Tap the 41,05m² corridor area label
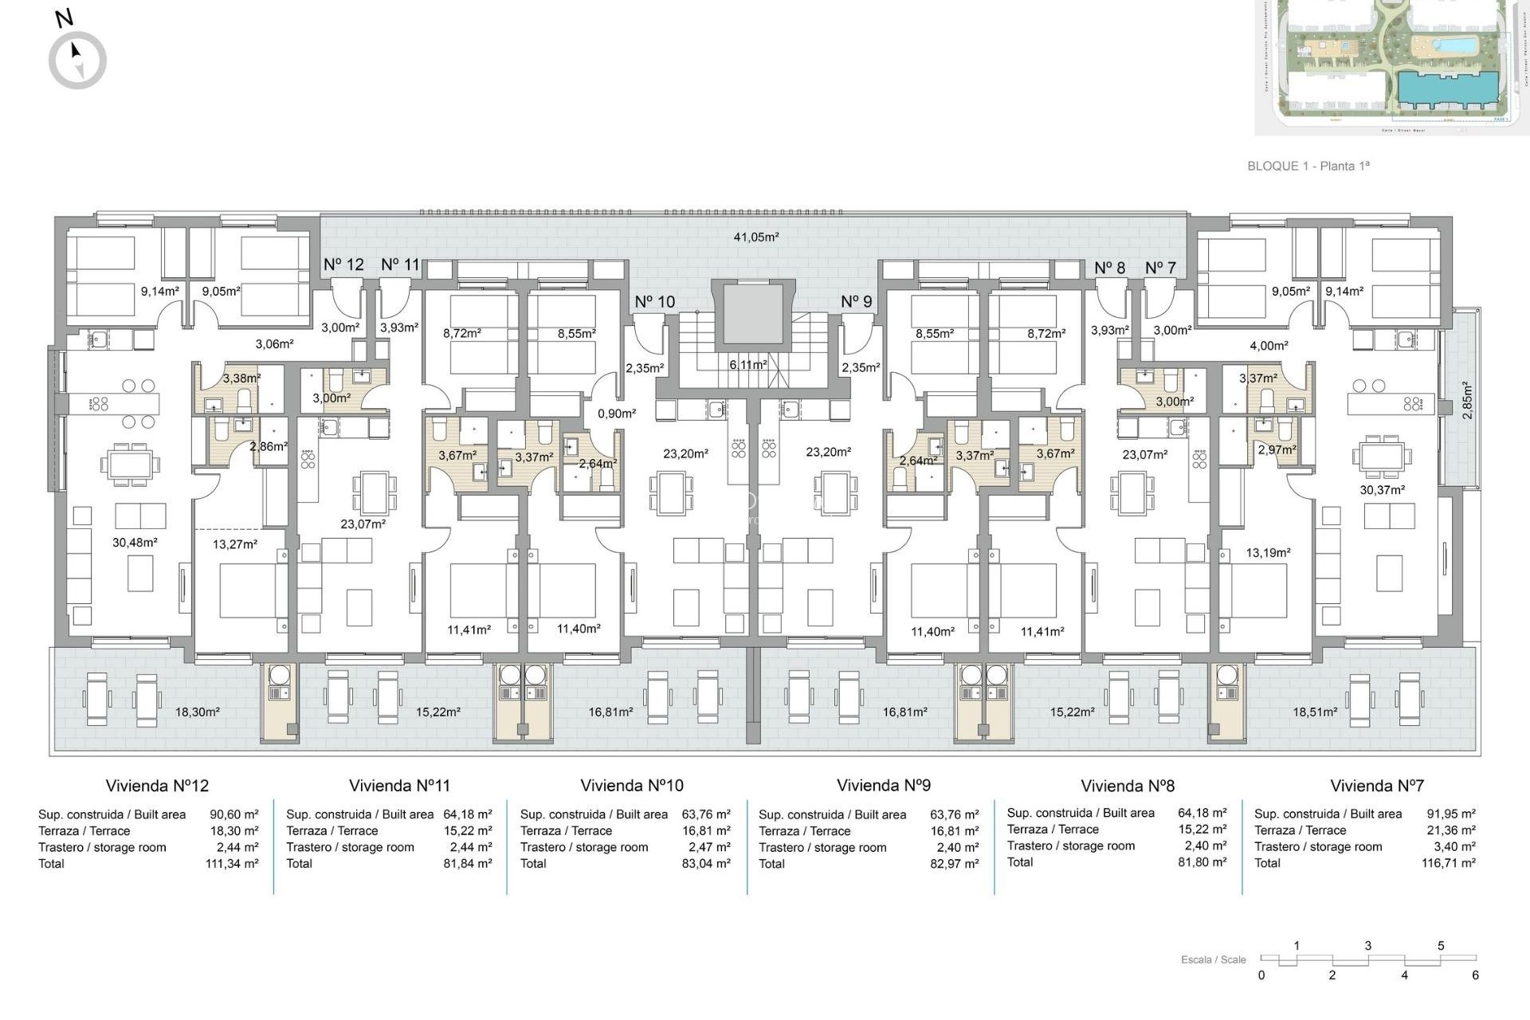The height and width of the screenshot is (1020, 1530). [755, 237]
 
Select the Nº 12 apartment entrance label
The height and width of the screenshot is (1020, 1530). [343, 265]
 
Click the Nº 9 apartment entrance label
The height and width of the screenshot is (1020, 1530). [856, 302]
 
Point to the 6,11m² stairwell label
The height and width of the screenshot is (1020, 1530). [747, 364]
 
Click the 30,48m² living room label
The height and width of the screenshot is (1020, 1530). [135, 543]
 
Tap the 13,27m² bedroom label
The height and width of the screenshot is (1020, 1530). [235, 544]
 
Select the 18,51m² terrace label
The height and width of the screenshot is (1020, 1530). [1314, 712]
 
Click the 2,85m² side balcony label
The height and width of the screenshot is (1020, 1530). [1467, 401]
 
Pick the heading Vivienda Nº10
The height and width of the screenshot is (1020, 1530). [632, 786]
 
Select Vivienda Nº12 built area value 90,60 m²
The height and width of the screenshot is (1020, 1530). [233, 814]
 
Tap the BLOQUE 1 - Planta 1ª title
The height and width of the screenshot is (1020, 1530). [1308, 167]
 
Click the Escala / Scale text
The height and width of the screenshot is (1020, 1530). [1213, 959]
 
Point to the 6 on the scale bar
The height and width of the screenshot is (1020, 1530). [1475, 975]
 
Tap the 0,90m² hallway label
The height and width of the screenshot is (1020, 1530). [617, 414]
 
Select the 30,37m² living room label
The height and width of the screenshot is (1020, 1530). [1382, 491]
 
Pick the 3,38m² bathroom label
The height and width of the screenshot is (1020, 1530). [241, 379]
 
